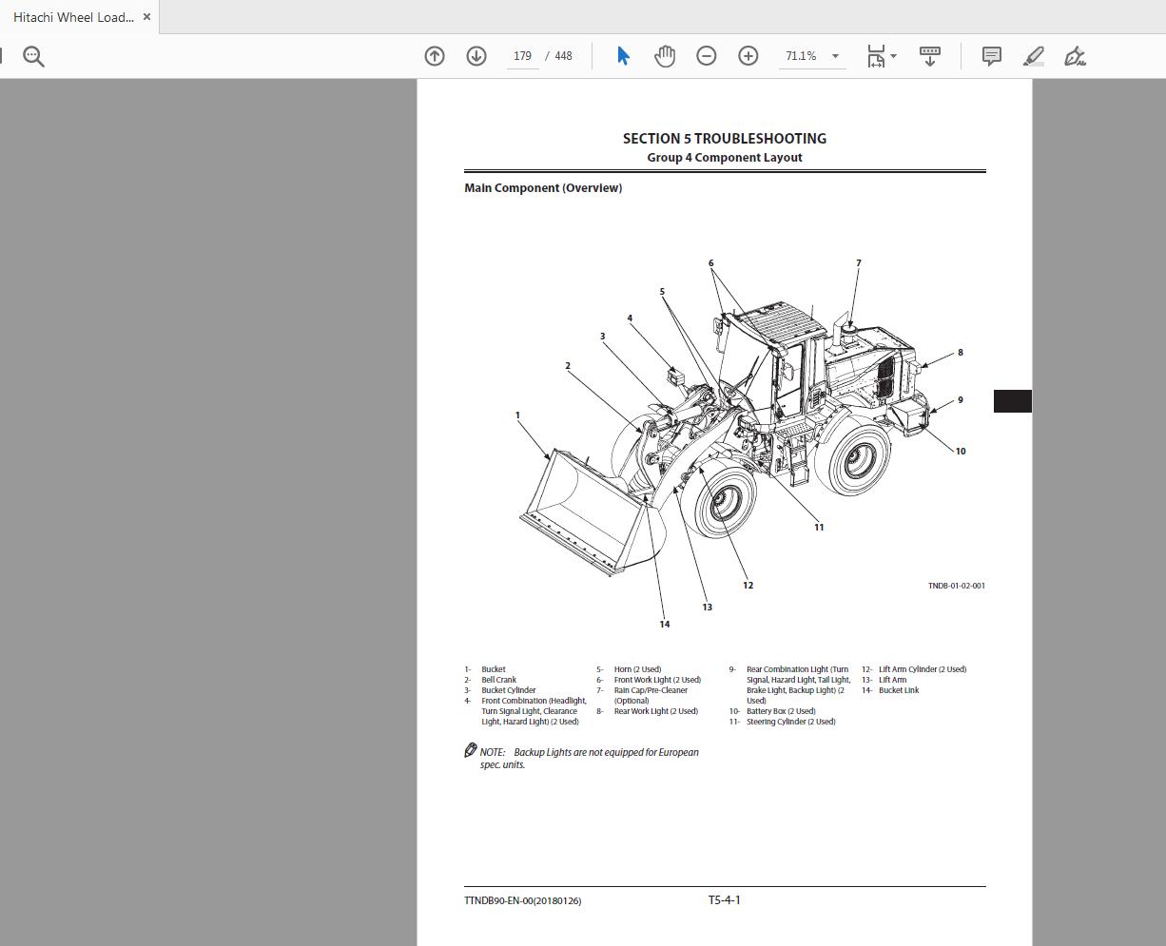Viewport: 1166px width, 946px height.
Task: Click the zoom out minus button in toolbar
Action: [x=706, y=56]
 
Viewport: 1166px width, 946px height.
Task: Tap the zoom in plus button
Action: [x=748, y=56]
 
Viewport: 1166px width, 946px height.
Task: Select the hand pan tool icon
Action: [x=665, y=56]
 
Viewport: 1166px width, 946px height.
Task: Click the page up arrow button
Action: [x=435, y=56]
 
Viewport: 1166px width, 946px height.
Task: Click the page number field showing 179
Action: [x=522, y=56]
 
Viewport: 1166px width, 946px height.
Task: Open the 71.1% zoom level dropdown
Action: [x=835, y=56]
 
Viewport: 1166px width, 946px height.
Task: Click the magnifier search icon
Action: [x=33, y=57]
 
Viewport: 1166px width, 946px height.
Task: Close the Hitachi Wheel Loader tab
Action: [x=146, y=17]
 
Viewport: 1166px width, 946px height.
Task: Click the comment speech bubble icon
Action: [x=991, y=56]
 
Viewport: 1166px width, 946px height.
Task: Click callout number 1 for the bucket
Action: [x=517, y=415]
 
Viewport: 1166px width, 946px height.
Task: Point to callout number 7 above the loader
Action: [x=858, y=263]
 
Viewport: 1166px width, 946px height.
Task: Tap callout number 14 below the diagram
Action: [x=664, y=625]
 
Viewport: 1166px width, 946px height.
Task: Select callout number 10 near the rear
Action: [x=960, y=452]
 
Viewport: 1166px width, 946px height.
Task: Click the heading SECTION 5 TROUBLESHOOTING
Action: [x=724, y=139]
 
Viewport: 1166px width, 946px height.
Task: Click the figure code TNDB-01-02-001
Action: [x=956, y=586]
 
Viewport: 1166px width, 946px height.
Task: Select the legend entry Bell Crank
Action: [x=498, y=680]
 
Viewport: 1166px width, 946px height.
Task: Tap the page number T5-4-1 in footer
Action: [x=724, y=900]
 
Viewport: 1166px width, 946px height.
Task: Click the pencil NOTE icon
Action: [x=471, y=751]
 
